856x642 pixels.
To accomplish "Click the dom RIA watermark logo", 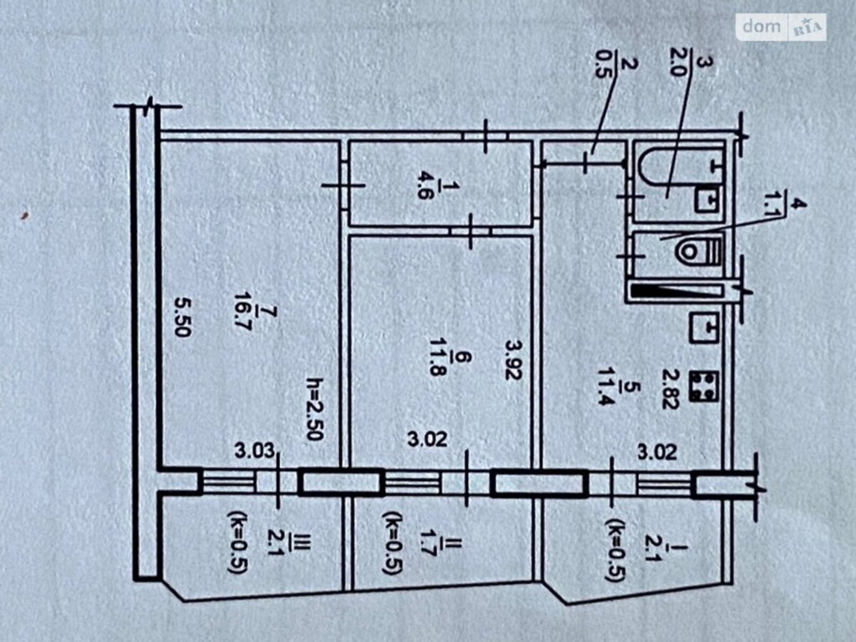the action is (781, 27).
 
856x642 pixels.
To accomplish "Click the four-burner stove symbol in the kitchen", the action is (704, 386).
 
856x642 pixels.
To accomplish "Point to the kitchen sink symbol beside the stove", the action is (704, 328).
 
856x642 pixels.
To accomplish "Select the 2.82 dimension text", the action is (671, 388).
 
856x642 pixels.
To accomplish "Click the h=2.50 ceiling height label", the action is (315, 408).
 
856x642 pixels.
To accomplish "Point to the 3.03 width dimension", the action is (255, 452).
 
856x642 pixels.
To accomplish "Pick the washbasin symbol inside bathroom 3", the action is (708, 200).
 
